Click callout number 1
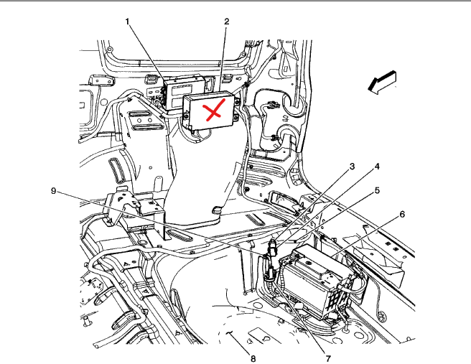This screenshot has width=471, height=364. [x=128, y=21]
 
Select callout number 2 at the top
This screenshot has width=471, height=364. [x=226, y=21]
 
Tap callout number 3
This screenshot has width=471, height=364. [x=353, y=166]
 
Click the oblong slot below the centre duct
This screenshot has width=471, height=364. [x=181, y=236]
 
